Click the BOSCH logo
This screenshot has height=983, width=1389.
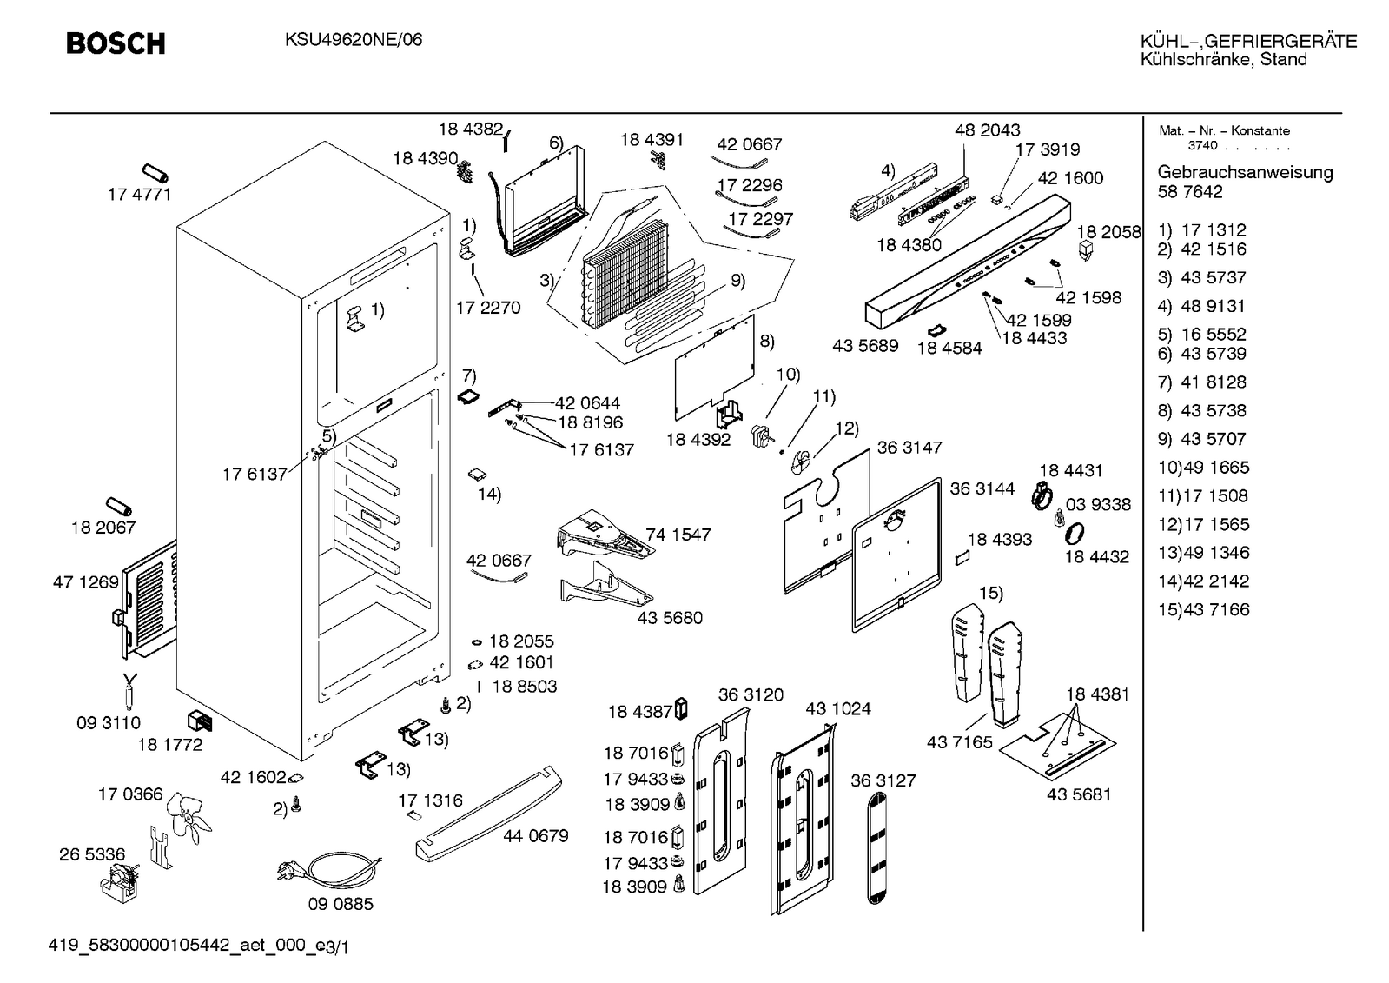116,43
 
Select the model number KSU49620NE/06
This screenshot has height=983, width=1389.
354,40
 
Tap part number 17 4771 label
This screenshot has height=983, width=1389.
139,195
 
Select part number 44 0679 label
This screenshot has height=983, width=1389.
536,836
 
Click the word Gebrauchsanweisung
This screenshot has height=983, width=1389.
1245,172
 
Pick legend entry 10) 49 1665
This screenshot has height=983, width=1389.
1203,468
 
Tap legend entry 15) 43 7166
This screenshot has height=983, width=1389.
1203,610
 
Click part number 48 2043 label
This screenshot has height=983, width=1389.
988,130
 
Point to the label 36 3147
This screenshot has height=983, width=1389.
909,448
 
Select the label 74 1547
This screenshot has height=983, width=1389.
678,535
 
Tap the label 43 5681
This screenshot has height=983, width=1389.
1079,794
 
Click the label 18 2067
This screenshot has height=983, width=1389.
103,528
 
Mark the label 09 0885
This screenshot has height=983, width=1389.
341,904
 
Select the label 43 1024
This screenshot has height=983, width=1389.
838,709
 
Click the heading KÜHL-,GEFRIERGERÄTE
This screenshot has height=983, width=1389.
1248,41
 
